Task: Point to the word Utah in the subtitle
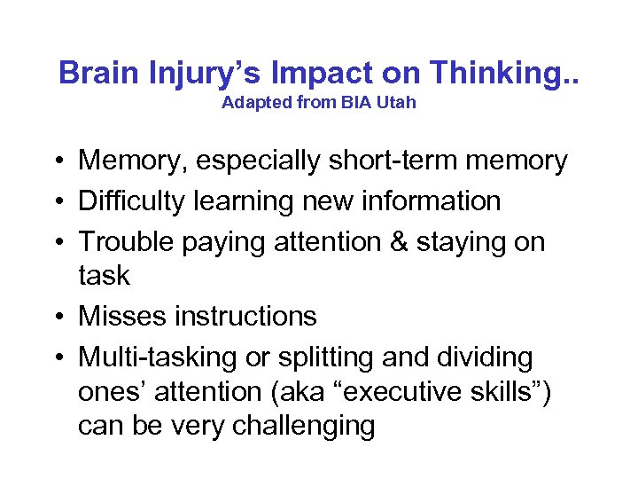(398, 102)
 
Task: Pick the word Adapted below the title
(251, 102)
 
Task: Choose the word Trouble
(129, 241)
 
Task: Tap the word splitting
(322, 357)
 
